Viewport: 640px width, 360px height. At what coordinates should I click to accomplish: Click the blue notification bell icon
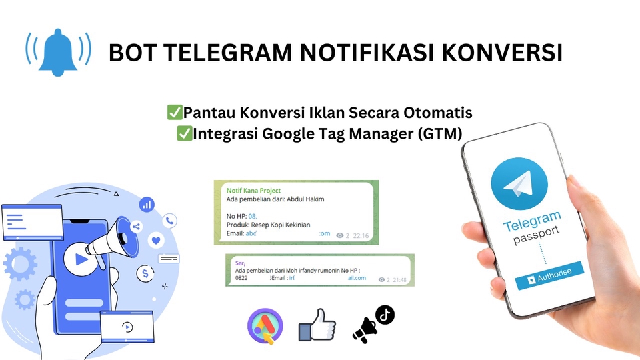pyautogui.click(x=58, y=51)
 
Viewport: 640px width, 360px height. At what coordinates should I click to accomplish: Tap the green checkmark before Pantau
pyautogui.click(x=175, y=112)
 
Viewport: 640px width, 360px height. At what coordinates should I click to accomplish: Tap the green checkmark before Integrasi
pyautogui.click(x=184, y=133)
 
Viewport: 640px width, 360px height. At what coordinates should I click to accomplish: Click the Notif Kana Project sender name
pyautogui.click(x=254, y=191)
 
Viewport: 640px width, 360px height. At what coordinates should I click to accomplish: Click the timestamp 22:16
pyautogui.click(x=361, y=235)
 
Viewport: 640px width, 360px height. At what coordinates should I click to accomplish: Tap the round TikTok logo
pyautogui.click(x=385, y=314)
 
